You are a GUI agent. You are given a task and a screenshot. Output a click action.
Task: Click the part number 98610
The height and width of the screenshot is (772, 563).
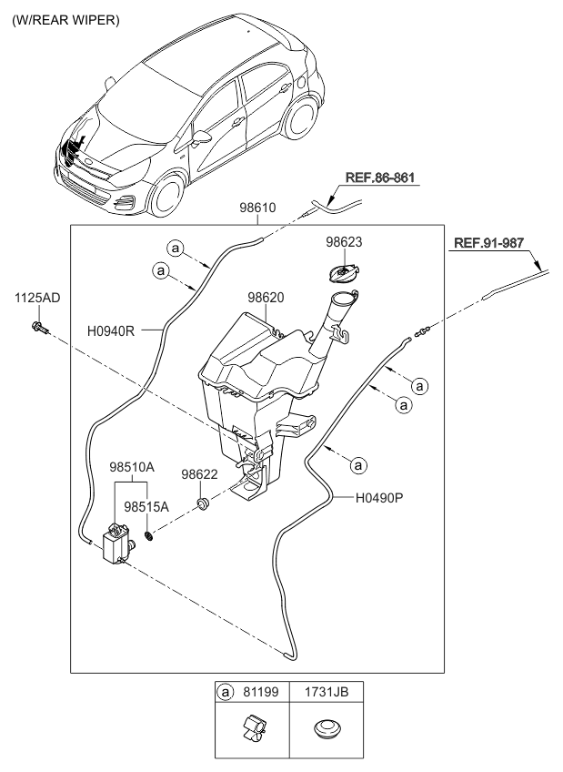tap(256, 208)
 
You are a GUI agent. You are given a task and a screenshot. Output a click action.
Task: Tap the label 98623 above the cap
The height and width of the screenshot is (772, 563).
tap(345, 242)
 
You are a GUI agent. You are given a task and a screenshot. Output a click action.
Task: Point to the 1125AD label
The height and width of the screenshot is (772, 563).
tap(36, 299)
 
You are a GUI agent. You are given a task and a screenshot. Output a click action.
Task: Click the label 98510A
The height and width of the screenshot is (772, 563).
tap(132, 465)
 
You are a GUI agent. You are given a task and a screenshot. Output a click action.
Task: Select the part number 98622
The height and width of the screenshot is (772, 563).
tap(199, 474)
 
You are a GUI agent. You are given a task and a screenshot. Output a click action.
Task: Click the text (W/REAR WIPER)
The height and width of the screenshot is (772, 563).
tap(65, 19)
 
